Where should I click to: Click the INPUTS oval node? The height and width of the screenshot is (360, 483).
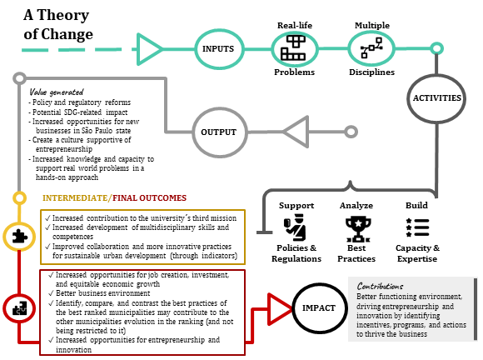coord(218,48)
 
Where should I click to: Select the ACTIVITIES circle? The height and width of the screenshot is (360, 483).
coord(436,98)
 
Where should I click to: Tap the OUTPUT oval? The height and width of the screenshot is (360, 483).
coord(219,132)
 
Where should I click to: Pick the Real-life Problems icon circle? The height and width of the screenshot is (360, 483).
coord(295,49)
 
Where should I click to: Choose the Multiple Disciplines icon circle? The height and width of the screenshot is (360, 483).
coord(370,49)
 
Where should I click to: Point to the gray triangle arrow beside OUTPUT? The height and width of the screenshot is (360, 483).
coord(297,131)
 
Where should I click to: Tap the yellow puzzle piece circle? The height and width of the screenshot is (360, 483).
coord(18,235)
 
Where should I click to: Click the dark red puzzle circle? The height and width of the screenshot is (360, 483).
coord(18,308)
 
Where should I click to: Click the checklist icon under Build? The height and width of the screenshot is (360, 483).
coord(416,227)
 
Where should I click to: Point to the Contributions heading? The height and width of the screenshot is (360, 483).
coord(381,285)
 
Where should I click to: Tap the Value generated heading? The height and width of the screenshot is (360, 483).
coord(56,91)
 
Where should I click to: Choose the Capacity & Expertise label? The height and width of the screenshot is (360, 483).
coord(416,253)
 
